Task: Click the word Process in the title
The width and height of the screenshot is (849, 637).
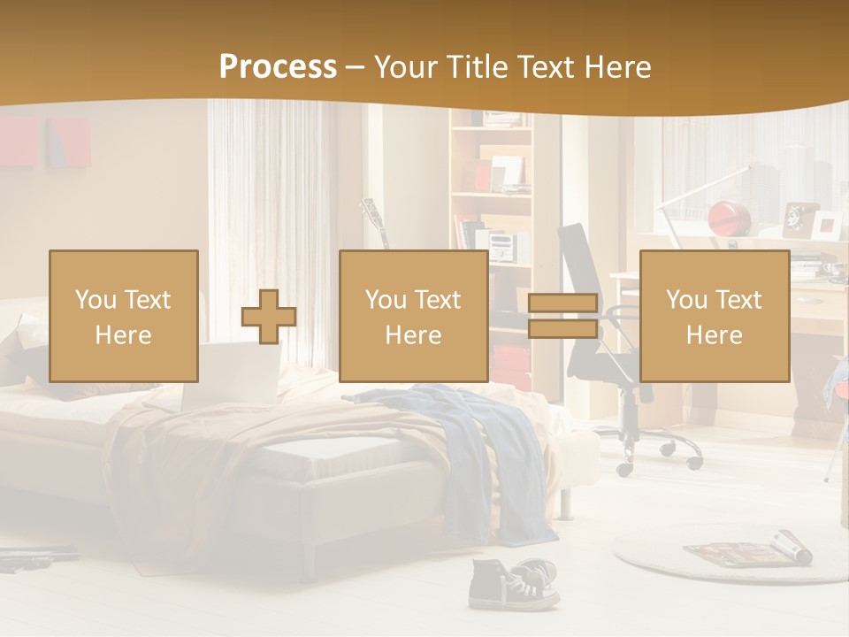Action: pyautogui.click(x=278, y=66)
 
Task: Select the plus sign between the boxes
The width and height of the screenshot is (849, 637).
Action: pyautogui.click(x=269, y=317)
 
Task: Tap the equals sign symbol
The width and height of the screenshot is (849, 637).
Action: pyautogui.click(x=562, y=317)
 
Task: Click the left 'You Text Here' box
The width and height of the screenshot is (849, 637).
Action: pyautogui.click(x=124, y=316)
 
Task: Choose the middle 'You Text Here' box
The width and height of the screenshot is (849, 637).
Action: pyautogui.click(x=414, y=316)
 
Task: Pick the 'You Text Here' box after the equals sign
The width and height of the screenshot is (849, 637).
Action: pyautogui.click(x=715, y=316)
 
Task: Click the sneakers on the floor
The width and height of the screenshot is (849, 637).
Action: pyautogui.click(x=514, y=584)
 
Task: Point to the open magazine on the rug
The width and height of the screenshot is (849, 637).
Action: pyautogui.click(x=748, y=549)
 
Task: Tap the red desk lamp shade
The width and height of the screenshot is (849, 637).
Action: pyautogui.click(x=730, y=216)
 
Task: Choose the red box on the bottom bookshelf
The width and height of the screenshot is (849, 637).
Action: pyautogui.click(x=510, y=364)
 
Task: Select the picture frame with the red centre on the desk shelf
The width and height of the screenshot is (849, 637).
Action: pyautogui.click(x=827, y=225)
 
